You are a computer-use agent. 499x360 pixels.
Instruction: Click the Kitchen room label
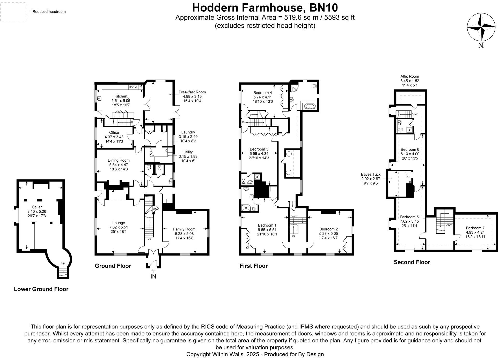(121, 96)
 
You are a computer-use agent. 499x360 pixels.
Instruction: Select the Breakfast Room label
(192, 92)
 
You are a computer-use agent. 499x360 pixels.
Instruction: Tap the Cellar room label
(37, 207)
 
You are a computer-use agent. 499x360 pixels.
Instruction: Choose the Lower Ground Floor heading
(41, 289)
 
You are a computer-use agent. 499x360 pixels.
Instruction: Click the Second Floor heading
(412, 262)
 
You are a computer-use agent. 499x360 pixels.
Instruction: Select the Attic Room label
(410, 77)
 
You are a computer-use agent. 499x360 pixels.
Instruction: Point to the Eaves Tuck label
(371, 175)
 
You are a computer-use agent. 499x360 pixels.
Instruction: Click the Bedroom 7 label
(475, 228)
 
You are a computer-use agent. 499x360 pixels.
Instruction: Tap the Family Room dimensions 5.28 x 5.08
(184, 234)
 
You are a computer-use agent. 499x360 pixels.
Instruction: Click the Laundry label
(188, 132)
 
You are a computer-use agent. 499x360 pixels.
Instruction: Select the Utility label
(188, 152)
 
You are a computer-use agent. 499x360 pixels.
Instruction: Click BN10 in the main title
(324, 8)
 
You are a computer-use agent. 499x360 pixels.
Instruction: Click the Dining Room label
(119, 160)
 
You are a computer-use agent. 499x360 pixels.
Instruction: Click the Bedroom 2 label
(328, 229)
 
